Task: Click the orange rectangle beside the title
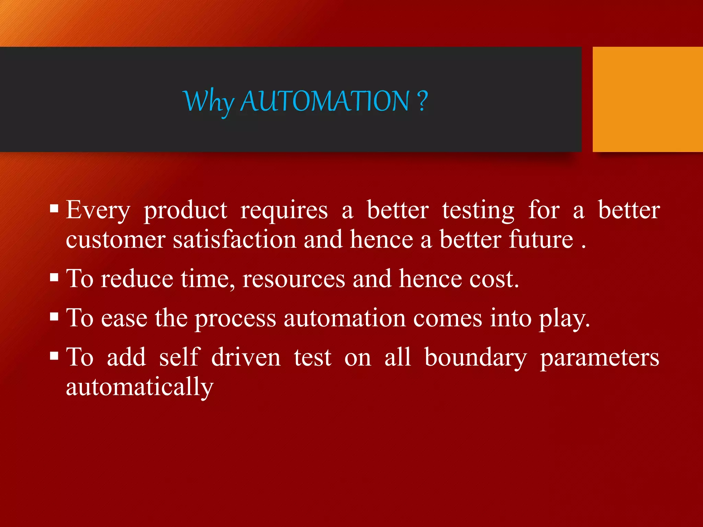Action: (647, 99)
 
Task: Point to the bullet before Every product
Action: (54, 209)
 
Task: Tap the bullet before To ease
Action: (54, 317)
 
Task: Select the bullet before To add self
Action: (54, 356)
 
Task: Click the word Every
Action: (98, 210)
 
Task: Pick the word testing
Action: (478, 210)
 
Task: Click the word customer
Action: (116, 240)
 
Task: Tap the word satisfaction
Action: (234, 240)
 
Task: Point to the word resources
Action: (293, 279)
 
